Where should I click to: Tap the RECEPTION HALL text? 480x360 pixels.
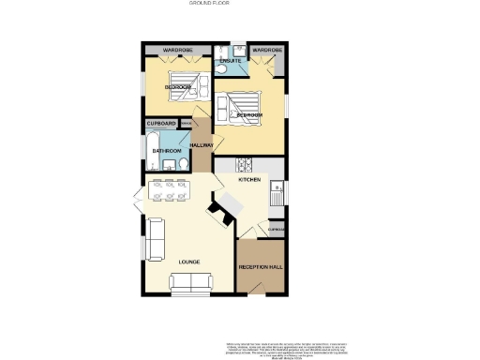tap(261, 267)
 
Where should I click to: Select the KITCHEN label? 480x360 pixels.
tap(248, 179)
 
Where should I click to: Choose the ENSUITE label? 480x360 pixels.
tap(230, 61)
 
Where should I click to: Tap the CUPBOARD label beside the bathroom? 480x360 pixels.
tap(160, 124)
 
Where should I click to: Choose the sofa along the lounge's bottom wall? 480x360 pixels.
tap(191, 281)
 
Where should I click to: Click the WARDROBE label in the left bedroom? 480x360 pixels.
tap(177, 49)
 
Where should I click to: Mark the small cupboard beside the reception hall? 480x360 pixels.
tap(277, 230)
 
